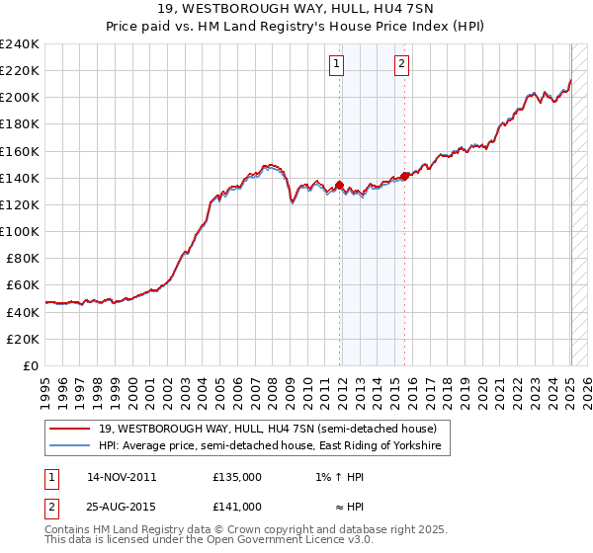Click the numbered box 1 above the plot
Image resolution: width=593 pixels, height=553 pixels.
tap(337, 64)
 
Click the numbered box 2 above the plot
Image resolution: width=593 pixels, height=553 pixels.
tap(402, 64)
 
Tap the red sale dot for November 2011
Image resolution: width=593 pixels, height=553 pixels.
tap(339, 185)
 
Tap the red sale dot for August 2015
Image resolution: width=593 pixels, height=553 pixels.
tap(405, 177)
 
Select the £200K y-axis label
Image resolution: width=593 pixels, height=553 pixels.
tap(19, 97)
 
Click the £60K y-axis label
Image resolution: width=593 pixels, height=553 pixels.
tap(23, 284)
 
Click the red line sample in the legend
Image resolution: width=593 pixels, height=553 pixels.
tap(71, 429)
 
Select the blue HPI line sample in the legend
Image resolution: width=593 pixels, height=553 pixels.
tap(71, 446)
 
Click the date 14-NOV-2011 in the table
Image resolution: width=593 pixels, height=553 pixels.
tap(122, 477)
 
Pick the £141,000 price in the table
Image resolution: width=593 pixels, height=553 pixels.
tap(237, 507)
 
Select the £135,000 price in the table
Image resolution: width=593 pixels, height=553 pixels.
tap(237, 477)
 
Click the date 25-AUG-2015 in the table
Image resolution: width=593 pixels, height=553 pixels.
tap(122, 507)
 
